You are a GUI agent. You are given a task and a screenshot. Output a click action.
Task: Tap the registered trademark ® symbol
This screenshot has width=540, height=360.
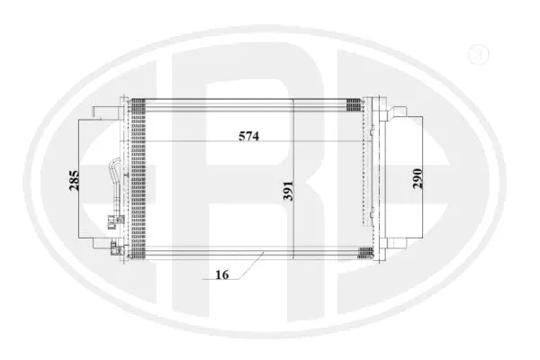[x=479, y=56]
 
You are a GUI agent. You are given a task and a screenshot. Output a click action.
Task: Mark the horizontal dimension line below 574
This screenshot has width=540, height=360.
[x=216, y=144]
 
